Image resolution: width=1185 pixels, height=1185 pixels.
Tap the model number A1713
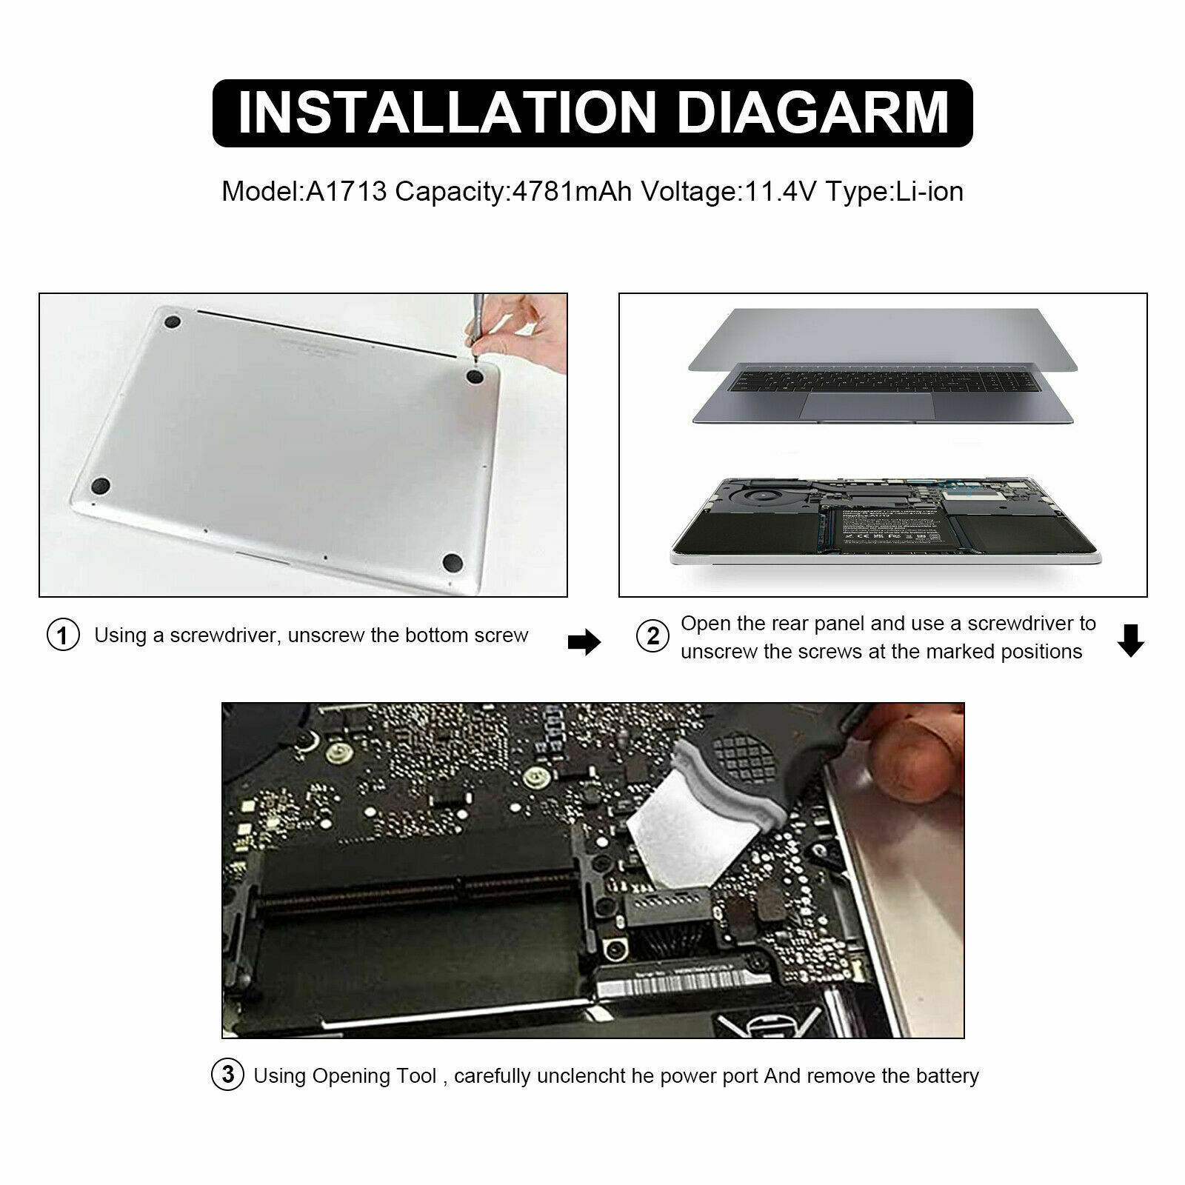pyautogui.click(x=347, y=192)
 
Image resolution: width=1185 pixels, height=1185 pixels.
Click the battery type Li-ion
pyautogui.click(x=929, y=192)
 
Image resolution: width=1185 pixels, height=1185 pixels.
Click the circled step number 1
pyautogui.click(x=63, y=635)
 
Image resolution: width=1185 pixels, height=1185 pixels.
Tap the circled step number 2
pyautogui.click(x=652, y=636)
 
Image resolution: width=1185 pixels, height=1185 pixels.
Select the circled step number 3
pyautogui.click(x=228, y=1075)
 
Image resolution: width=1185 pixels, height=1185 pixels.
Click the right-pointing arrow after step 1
pyautogui.click(x=584, y=643)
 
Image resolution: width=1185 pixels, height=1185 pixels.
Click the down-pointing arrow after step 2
pyautogui.click(x=1130, y=641)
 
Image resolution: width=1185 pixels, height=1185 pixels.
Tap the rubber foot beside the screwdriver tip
pyautogui.click(x=475, y=377)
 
